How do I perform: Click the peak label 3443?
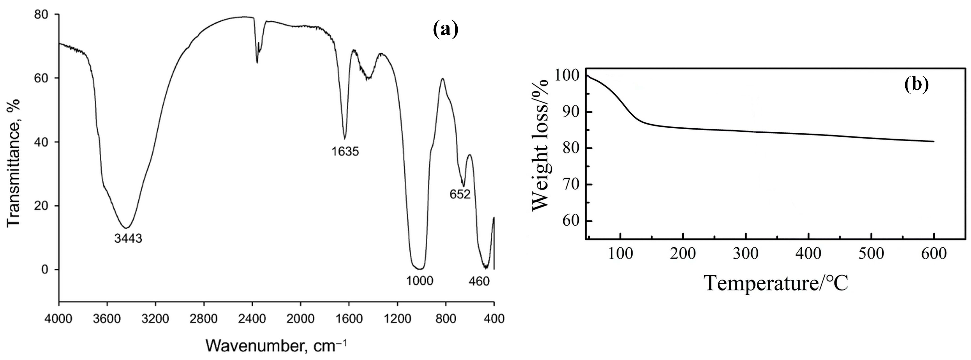(128, 238)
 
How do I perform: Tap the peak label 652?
(460, 194)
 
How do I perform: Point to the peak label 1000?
(420, 281)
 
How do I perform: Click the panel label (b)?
(916, 85)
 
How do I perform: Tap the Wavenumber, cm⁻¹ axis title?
(275, 345)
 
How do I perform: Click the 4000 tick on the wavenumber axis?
(59, 319)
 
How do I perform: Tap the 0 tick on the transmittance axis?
(45, 269)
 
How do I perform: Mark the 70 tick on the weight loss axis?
(570, 185)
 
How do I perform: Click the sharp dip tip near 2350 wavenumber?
(257, 63)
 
